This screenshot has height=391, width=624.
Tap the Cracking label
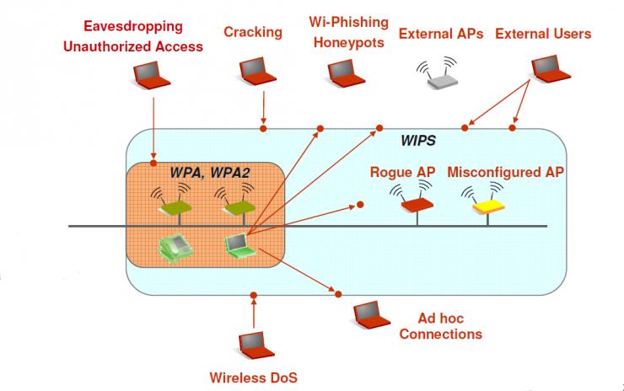253,32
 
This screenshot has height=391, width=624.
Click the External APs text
441,35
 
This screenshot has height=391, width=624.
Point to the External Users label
543,35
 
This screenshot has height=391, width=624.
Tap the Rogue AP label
402,172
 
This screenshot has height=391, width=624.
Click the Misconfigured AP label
505,172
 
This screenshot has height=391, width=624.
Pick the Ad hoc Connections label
440,326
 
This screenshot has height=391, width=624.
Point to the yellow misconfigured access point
487,202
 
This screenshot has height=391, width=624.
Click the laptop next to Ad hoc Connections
372,315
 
